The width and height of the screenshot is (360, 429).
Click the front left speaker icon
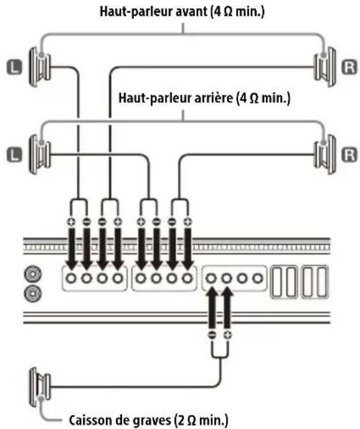[40, 67]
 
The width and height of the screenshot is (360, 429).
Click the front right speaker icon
[325, 67]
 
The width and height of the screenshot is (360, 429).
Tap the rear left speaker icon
[40, 155]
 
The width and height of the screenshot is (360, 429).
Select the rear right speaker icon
[325, 155]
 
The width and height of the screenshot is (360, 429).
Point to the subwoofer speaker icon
[40, 387]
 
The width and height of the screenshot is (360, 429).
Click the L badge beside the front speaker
[14, 67]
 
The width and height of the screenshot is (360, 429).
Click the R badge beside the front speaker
[350, 67]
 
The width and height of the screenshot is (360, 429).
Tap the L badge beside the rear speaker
[14, 155]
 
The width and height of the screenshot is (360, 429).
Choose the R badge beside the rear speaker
[350, 155]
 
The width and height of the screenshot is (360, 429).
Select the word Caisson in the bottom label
[86, 420]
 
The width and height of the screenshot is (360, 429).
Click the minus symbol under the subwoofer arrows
[212, 334]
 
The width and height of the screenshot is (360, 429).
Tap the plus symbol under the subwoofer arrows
[227, 334]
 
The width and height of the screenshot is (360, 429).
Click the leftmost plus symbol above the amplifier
[71, 221]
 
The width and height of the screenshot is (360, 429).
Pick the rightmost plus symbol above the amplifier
[188, 221]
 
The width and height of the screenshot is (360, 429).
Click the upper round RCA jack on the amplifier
[33, 274]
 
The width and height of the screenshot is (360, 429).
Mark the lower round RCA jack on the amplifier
[33, 293]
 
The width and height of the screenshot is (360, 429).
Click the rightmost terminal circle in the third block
[257, 279]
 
